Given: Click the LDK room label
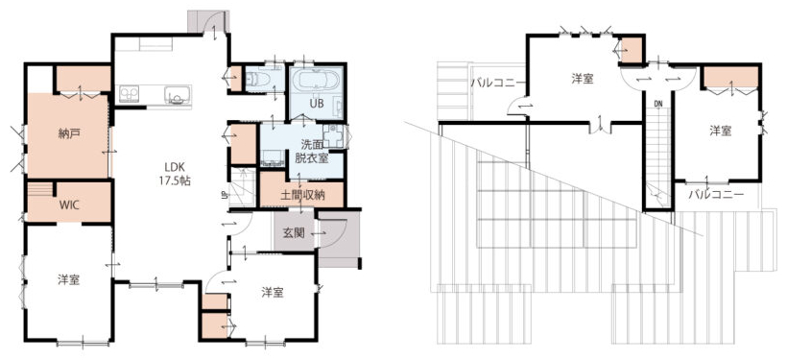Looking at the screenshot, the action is [x=177, y=168].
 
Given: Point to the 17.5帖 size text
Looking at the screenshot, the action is [x=177, y=181].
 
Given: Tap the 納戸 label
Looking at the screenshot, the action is [x=67, y=133].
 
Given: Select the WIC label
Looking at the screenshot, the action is [x=68, y=204].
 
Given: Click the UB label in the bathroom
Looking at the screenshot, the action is [x=315, y=104].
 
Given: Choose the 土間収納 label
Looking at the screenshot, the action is [x=302, y=195].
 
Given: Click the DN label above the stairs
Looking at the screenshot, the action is [x=658, y=104].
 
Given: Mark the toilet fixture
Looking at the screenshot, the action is [x=257, y=80].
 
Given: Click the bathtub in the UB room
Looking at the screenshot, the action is [x=316, y=81].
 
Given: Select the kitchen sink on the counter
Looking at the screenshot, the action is [x=179, y=94].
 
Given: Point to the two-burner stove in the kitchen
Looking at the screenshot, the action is [x=129, y=94].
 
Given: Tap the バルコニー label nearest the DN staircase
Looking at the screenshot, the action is [x=716, y=194].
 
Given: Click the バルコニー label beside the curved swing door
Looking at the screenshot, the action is [x=497, y=84].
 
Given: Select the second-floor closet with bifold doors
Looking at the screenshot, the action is [x=730, y=78].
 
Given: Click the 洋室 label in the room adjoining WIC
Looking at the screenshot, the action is [x=68, y=279].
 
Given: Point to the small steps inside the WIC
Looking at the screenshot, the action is [x=39, y=189].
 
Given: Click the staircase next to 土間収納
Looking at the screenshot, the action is [x=243, y=188].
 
